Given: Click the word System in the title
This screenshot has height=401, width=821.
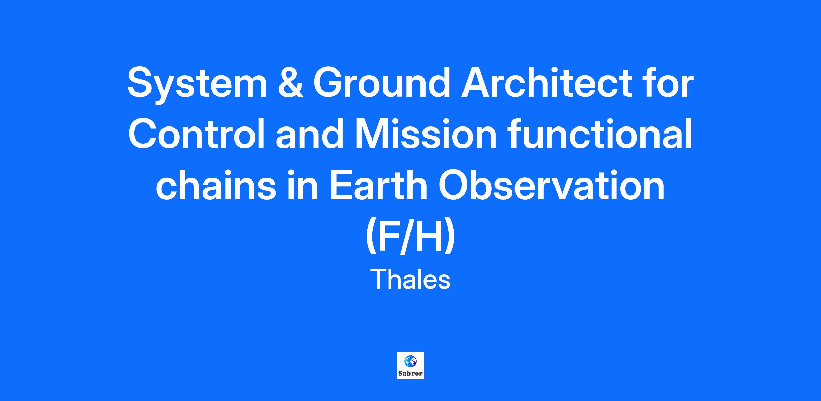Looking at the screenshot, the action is (x=197, y=84).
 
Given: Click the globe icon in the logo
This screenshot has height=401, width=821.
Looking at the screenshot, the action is (x=410, y=361).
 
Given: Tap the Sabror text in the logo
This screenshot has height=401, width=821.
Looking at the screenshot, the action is (x=410, y=373).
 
